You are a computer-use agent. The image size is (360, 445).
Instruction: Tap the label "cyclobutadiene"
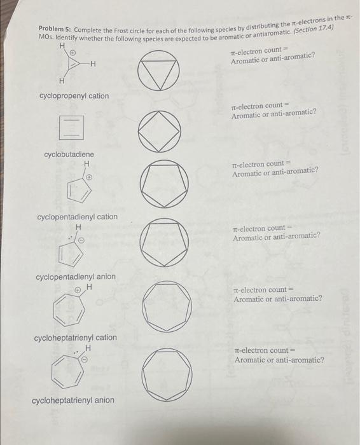coord(69,154)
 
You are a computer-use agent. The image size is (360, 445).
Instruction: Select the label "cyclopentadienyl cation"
coord(77,217)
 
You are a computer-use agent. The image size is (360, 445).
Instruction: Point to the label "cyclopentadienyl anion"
coord(76,277)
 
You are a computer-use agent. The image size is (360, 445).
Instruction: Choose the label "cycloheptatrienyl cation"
coord(75,338)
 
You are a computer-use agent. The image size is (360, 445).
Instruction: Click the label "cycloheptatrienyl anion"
coord(73,400)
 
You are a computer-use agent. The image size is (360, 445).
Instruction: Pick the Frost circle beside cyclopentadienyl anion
coord(165,241)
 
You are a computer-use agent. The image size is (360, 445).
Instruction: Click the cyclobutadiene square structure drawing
coord(71,127)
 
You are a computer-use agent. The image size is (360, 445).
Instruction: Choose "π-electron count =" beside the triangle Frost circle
coord(260,51)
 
